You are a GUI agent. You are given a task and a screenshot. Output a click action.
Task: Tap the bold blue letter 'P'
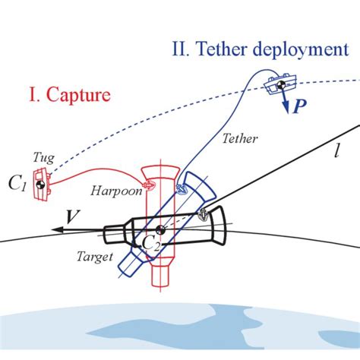[x=302, y=107]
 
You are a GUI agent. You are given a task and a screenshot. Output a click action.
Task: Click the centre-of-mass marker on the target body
[x=160, y=230]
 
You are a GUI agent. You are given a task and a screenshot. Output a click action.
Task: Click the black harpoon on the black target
[x=203, y=215]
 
